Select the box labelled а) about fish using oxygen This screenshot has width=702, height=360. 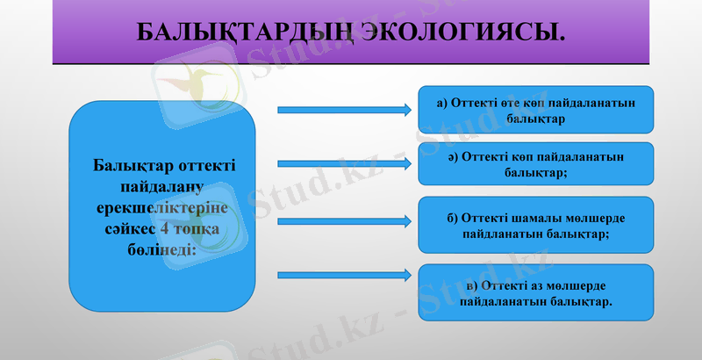click(x=535, y=109)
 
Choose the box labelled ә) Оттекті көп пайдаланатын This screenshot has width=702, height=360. click(x=535, y=163)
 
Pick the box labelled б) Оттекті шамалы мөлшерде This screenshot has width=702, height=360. click(x=535, y=226)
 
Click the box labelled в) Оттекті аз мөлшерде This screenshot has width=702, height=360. click(x=535, y=293)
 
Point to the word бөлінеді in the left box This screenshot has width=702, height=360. click(x=161, y=248)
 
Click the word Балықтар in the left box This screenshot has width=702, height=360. click(x=129, y=166)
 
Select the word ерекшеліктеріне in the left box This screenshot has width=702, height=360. click(x=161, y=207)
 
